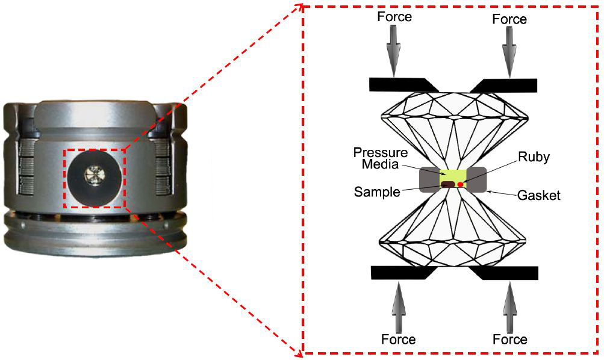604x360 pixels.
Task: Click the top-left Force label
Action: tap(394, 17)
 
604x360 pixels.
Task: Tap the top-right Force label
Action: tap(509, 19)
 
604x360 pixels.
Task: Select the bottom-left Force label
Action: tap(398, 340)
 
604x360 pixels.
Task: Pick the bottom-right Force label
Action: tap(510, 340)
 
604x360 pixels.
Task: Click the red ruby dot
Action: tap(460, 184)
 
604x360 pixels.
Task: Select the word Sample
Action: tap(377, 192)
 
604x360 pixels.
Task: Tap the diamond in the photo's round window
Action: tap(95, 175)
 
